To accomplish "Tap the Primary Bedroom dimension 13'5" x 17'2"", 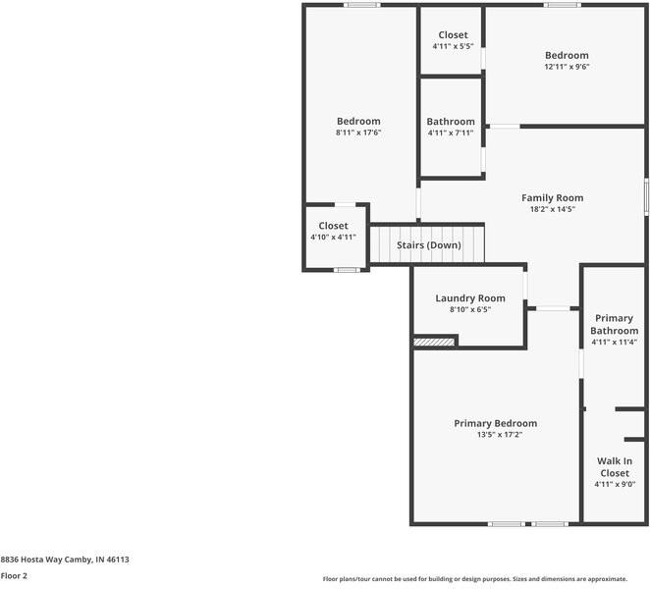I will (x=495, y=435).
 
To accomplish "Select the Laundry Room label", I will (x=470, y=298).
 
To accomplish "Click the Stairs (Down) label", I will (x=429, y=244).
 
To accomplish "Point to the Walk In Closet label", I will (x=615, y=467).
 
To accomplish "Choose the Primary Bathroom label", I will (x=614, y=324).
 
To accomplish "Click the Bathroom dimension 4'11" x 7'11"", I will (x=450, y=133).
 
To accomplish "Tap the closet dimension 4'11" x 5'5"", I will (x=453, y=46).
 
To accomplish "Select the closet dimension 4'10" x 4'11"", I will (x=333, y=237).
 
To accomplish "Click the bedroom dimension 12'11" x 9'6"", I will (x=567, y=67).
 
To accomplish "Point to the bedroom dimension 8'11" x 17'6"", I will (x=357, y=133).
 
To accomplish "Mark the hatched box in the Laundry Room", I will (x=434, y=342).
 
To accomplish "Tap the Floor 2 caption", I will (x=14, y=576).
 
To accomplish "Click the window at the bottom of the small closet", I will (x=345, y=270).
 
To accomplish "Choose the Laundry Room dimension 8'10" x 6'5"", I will (x=470, y=309).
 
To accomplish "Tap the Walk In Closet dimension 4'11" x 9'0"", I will (x=615, y=484).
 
